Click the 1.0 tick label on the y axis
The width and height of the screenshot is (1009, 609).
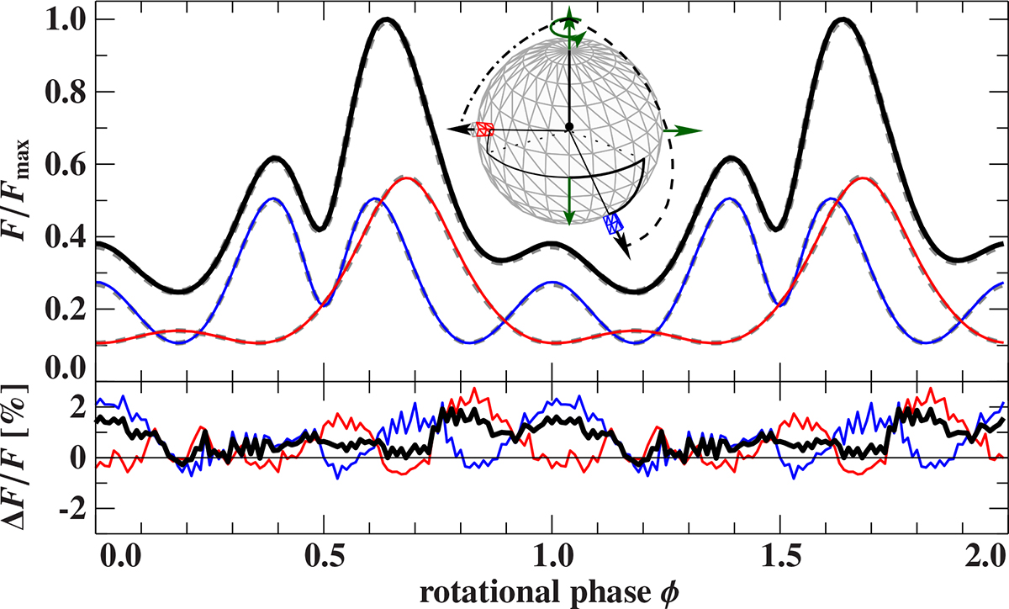click(x=66, y=20)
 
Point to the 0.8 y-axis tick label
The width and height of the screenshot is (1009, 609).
click(x=66, y=93)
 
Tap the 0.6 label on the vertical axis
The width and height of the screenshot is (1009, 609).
click(x=66, y=165)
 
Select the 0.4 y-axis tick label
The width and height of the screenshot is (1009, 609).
click(x=66, y=237)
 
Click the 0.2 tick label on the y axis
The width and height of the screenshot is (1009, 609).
click(x=66, y=310)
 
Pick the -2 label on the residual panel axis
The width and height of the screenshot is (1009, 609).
click(x=72, y=510)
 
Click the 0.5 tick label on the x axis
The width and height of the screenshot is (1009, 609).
click(x=324, y=556)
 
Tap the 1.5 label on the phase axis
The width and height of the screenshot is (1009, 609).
click(x=780, y=556)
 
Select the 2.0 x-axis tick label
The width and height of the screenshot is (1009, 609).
click(x=985, y=556)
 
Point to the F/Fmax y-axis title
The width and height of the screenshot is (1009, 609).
click(x=18, y=190)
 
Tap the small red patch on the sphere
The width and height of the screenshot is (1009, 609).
click(x=484, y=130)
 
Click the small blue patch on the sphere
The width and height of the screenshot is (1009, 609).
click(x=613, y=224)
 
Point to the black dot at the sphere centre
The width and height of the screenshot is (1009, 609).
click(x=569, y=126)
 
